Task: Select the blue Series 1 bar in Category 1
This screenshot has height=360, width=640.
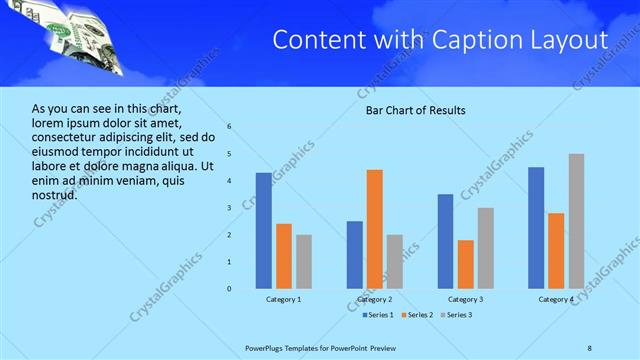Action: [263, 231]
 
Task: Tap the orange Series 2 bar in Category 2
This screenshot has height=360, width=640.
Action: [375, 229]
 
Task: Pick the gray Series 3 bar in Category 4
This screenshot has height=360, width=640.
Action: [576, 221]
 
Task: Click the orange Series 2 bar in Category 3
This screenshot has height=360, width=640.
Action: [466, 264]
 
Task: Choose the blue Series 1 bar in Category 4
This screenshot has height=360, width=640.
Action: [536, 228]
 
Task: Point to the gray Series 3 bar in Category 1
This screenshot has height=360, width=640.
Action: [304, 262]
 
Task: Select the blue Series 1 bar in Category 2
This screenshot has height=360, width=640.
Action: [355, 255]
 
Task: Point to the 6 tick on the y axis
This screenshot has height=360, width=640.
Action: [229, 127]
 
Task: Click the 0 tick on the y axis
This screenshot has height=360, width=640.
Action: [229, 289]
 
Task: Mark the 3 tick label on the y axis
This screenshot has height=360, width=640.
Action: [229, 208]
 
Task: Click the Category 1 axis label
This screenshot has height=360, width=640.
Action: [284, 299]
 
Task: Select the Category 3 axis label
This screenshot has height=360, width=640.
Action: [466, 299]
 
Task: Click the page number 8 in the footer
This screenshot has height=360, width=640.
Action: [589, 347]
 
